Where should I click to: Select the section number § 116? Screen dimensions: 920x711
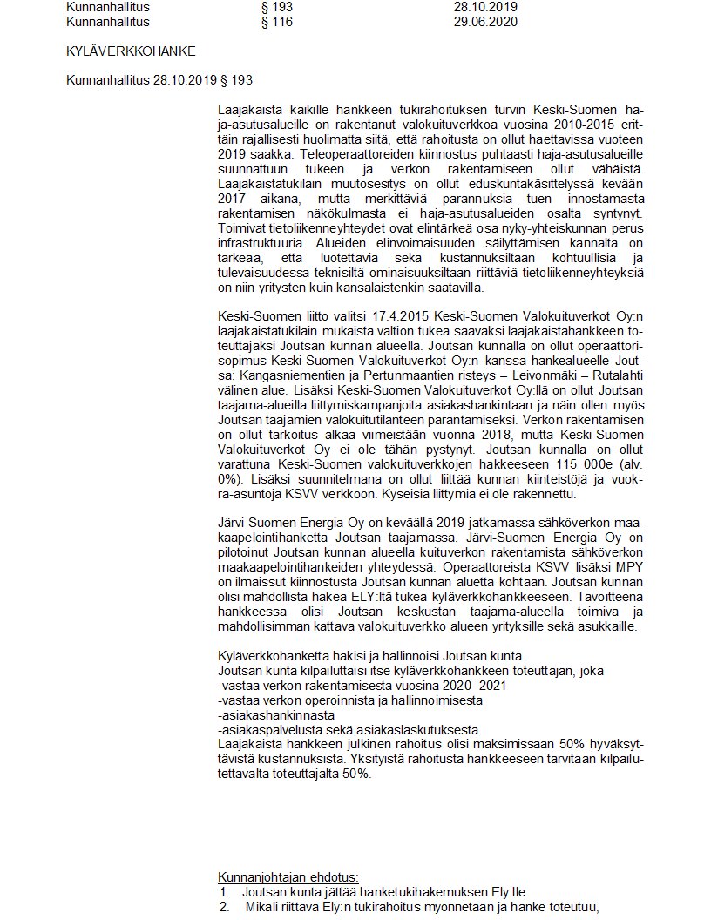(x=277, y=22)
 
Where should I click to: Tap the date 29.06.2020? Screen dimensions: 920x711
(x=485, y=22)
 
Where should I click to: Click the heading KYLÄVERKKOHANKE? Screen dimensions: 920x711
(x=131, y=51)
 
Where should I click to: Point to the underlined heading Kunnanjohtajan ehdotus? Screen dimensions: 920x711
(x=288, y=876)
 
